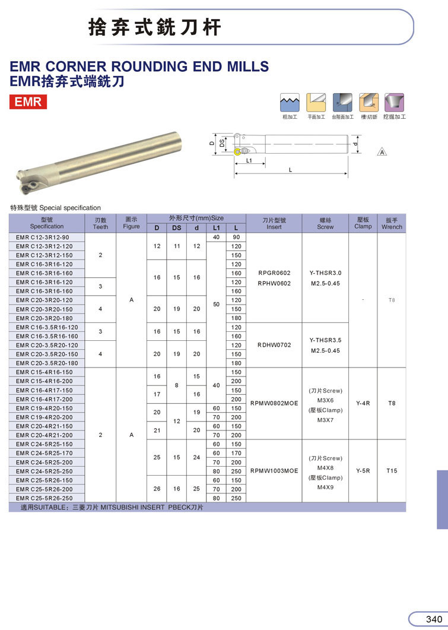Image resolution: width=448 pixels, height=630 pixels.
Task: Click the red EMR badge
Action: (28, 102)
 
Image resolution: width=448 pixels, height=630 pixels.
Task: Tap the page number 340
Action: (434, 619)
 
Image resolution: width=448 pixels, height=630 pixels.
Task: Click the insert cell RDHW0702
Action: (274, 345)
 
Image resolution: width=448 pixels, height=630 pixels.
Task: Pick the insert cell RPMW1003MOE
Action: (274, 470)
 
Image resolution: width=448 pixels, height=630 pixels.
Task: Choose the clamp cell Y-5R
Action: (363, 470)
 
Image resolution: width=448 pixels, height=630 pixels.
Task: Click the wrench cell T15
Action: (392, 470)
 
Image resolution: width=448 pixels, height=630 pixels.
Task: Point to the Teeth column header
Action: (100, 223)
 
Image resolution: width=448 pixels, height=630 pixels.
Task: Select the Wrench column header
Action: (392, 223)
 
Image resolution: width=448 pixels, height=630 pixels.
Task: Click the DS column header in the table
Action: (177, 228)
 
